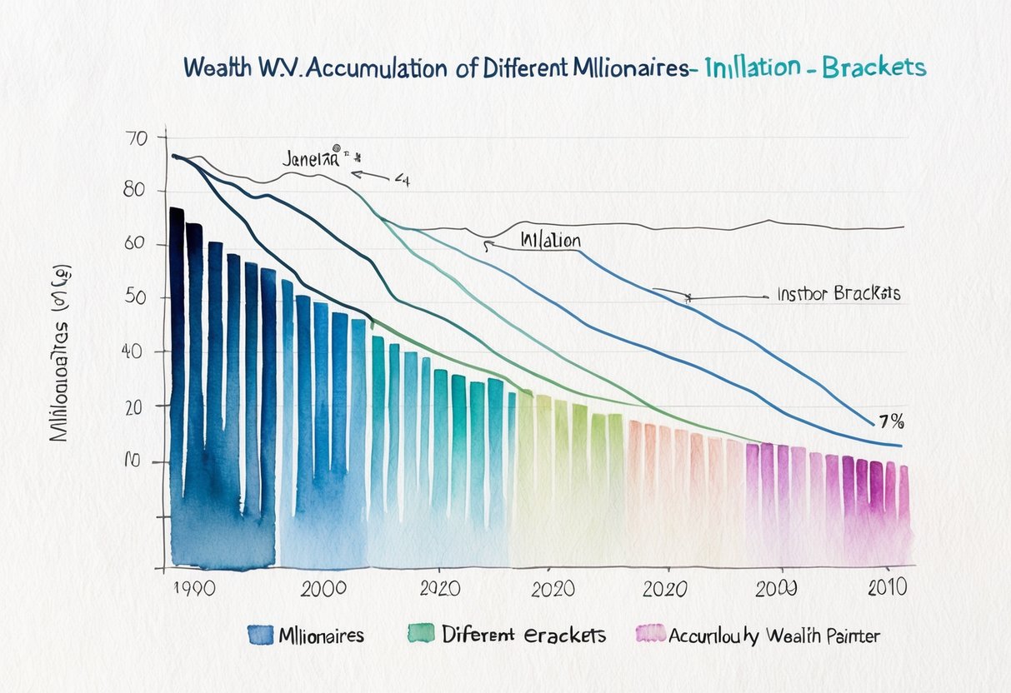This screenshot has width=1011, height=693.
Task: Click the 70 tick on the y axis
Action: (x=135, y=139)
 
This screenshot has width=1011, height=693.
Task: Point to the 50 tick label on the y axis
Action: (x=135, y=298)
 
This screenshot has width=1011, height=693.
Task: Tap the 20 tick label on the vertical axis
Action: (x=135, y=406)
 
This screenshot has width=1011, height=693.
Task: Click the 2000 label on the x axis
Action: (x=323, y=588)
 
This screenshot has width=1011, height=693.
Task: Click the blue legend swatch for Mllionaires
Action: (x=262, y=635)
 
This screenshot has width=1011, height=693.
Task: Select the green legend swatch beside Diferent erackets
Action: (x=421, y=635)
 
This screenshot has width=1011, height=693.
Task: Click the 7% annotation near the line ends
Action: (x=890, y=421)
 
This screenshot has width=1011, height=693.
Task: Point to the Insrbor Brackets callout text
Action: (x=838, y=295)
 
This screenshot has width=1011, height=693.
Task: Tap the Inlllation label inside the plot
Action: (x=550, y=240)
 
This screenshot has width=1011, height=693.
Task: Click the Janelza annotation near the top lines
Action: (x=310, y=159)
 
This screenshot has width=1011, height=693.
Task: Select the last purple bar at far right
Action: (x=903, y=508)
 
